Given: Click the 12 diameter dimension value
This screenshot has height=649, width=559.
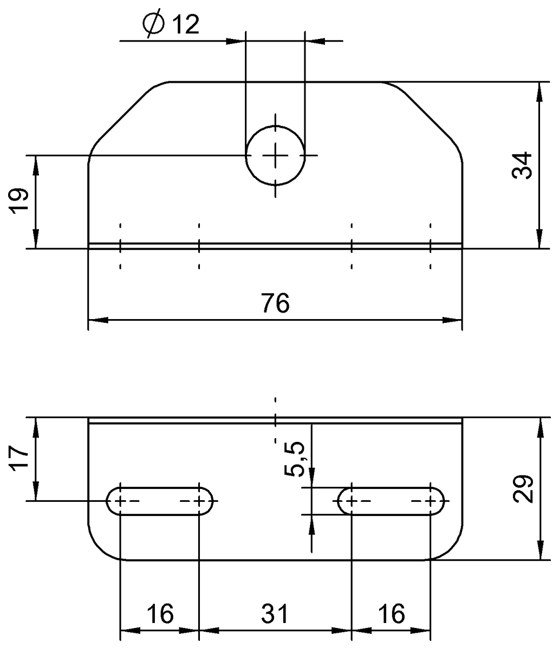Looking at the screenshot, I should coord(185,25).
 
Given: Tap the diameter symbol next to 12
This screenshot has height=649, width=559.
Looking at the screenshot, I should coord(153,25).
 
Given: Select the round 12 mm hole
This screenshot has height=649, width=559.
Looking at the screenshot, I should coord(275,155).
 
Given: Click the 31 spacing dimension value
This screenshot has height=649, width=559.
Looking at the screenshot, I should coord(275,614).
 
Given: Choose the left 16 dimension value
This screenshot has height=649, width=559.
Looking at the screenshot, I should coord(160,614).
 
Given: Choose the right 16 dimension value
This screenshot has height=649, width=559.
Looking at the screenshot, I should coord(391,614).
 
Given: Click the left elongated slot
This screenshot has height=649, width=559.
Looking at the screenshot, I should coord(160,501).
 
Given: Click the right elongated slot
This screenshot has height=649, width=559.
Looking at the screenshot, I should coord(391,501).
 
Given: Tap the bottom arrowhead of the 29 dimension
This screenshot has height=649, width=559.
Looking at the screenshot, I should coord(540,552).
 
